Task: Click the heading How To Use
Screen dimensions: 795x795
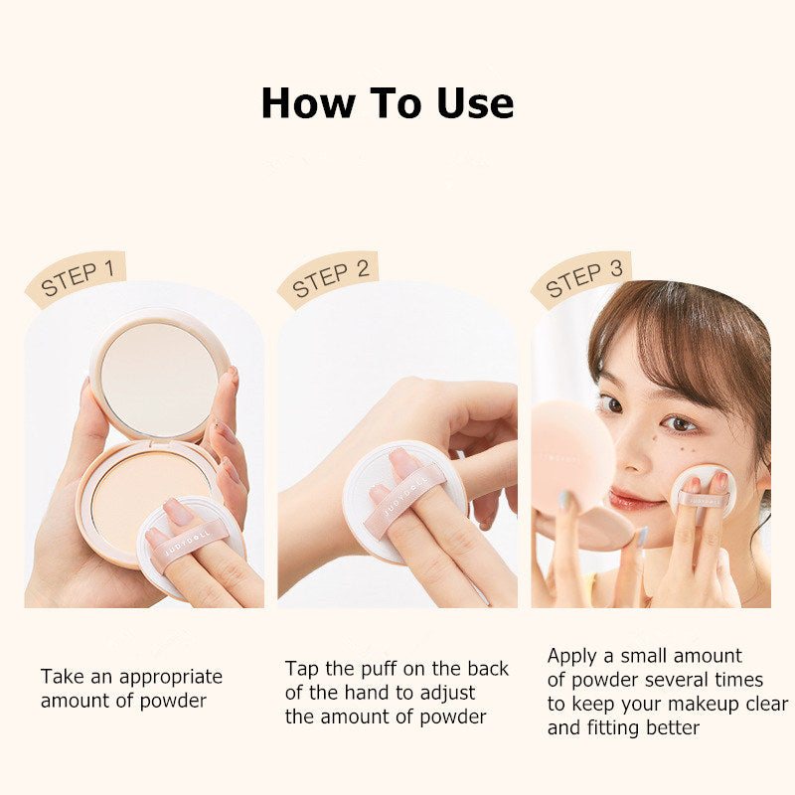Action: (387, 103)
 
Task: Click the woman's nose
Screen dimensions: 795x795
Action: (636, 447)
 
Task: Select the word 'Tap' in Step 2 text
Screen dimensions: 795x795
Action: (302, 669)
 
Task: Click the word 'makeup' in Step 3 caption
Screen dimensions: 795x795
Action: (693, 704)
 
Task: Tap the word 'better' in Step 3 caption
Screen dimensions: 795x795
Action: (669, 727)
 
